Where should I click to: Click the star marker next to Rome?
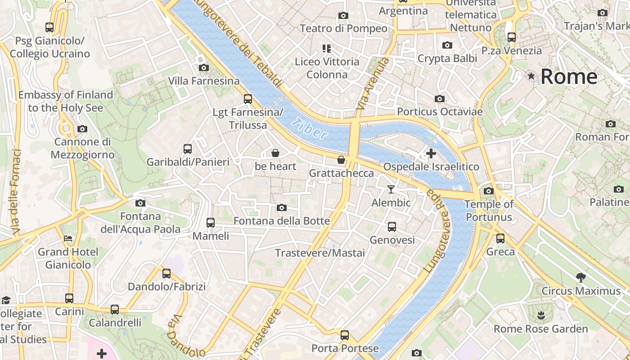click(531, 76)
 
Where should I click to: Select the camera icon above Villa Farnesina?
click(203, 68)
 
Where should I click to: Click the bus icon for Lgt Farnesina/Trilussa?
click(247, 99)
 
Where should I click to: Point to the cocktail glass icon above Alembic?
click(391, 189)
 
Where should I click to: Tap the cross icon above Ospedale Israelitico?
click(431, 154)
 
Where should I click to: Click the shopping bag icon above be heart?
click(275, 153)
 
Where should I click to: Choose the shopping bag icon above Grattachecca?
click(341, 160)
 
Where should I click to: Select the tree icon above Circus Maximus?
click(580, 277)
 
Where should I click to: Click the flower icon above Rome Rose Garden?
click(540, 315)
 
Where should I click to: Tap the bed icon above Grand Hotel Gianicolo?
click(68, 238)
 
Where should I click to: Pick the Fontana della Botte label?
click(282, 221)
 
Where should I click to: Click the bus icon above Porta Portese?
click(344, 335)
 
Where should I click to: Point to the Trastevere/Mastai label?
click(320, 253)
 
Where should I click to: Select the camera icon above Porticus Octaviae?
click(439, 99)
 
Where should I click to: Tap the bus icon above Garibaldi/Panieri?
click(188, 149)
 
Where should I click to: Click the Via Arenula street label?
click(372, 84)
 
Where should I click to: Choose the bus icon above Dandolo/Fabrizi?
click(166, 273)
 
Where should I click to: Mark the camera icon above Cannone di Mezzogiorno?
click(82, 129)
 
